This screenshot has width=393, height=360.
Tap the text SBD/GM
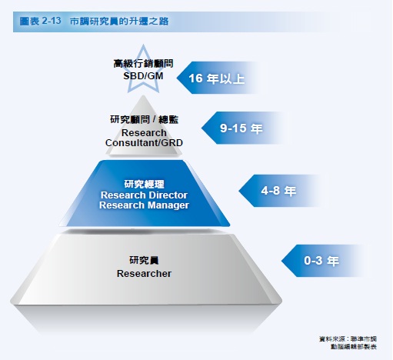coord(143,76)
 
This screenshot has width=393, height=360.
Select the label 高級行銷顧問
coord(143,64)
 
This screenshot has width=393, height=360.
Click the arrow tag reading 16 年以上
coord(218,78)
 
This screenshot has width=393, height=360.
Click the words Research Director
coord(144,195)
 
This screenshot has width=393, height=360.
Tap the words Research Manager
coord(144,205)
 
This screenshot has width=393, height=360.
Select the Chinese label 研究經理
coord(144,184)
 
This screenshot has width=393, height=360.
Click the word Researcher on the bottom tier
coord(144,274)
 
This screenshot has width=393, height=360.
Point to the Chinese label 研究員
coord(144,260)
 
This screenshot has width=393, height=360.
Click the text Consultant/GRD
coord(144,143)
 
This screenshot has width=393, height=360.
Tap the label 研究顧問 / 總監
coord(144,119)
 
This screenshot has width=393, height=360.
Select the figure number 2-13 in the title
coord(52,21)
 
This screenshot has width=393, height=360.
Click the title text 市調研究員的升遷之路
coord(119,22)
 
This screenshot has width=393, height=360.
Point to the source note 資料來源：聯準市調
coord(348,339)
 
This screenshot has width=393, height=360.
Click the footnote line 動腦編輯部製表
coord(354,347)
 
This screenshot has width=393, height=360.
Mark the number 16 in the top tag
coord(195,78)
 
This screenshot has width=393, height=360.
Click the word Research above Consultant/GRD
coord(144,133)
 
